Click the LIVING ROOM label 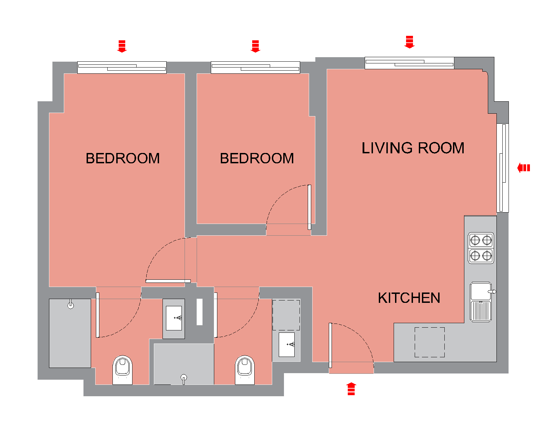pos(413,148)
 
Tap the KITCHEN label pos(409,298)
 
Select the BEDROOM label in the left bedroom pos(122,158)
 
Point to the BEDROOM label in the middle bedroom pos(257,158)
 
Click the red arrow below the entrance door pos(351,389)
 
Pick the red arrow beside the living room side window pos(523,168)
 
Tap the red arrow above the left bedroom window pos(122,47)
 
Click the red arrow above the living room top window pos(410,42)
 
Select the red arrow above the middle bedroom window pos(255,47)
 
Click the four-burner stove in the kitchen pos(481,248)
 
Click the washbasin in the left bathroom pos(174,318)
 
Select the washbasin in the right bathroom pos(286,345)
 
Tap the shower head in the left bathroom pos(70,305)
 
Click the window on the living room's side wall pos(503,168)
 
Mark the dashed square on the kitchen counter pos(430,342)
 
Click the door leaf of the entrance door pos(331,346)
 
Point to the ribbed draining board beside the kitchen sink pos(481,311)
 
